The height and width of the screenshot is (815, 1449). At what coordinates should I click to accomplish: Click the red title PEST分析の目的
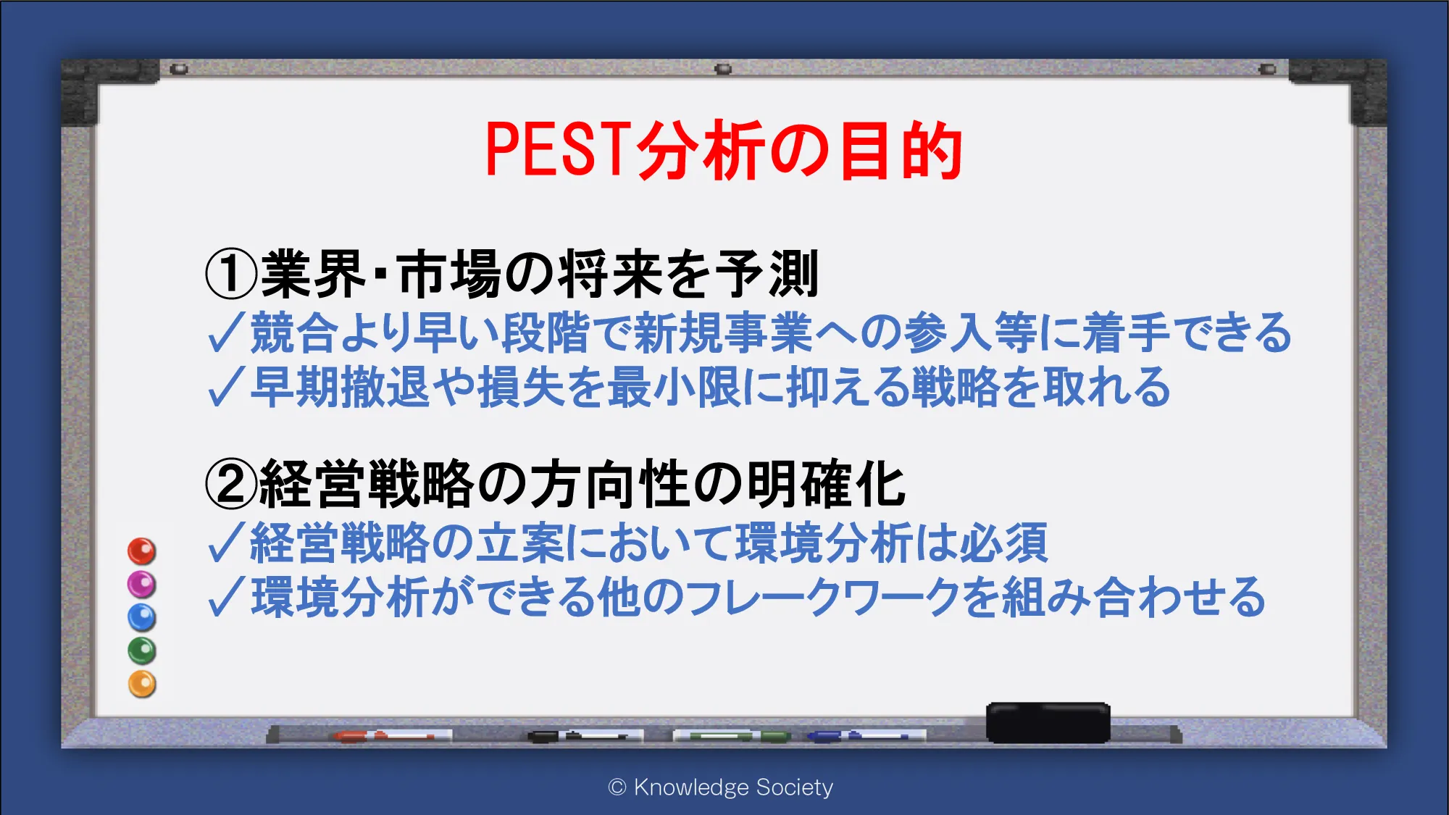[724, 150]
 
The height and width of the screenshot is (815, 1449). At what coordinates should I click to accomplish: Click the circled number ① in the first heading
[231, 274]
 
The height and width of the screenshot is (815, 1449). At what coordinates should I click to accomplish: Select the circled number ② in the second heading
[231, 484]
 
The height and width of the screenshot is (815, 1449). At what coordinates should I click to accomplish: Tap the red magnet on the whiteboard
[142, 551]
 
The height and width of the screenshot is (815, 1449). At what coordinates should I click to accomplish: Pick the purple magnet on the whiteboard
[142, 584]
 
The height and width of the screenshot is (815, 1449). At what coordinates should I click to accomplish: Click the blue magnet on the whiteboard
[142, 617]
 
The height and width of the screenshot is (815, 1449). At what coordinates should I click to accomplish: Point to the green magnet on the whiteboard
[142, 651]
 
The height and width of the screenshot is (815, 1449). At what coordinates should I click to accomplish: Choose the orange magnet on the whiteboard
[142, 684]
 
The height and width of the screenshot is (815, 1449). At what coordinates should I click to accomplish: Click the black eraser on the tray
[1048, 722]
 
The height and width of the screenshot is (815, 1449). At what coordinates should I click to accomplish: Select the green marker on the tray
[732, 736]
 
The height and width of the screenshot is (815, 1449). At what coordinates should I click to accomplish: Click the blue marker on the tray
[866, 736]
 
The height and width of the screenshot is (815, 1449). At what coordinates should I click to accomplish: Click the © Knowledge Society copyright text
[721, 787]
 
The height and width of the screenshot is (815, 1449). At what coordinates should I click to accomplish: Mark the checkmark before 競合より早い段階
[227, 333]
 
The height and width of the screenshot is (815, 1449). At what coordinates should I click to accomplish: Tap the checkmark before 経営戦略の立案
[227, 543]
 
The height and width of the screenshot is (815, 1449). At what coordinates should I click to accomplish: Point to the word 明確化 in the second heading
[826, 484]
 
